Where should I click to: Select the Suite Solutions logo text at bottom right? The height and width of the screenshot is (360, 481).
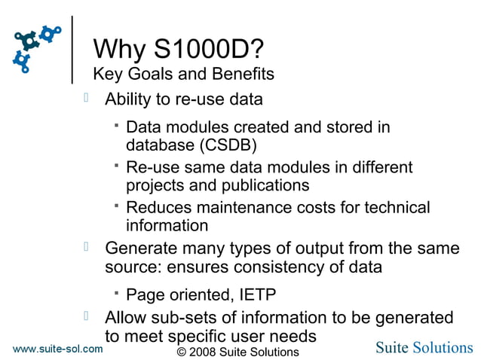424,347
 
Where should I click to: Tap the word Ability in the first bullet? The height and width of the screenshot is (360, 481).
129,99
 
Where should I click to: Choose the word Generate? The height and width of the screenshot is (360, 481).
139,248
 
